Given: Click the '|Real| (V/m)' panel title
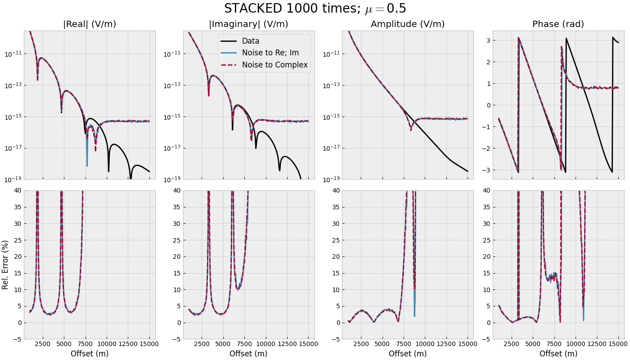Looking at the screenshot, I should pyautogui.click(x=90, y=24).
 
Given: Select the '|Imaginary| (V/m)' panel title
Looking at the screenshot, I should pyautogui.click(x=248, y=24).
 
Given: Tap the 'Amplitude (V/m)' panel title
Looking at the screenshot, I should pyautogui.click(x=408, y=24).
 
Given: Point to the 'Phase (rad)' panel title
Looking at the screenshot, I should pyautogui.click(x=558, y=24).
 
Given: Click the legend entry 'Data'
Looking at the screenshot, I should pyautogui.click(x=250, y=41).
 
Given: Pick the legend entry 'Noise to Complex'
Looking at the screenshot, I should pyautogui.click(x=274, y=65).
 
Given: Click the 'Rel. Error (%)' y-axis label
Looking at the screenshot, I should pyautogui.click(x=5, y=265).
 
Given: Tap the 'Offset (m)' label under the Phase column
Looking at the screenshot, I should pyautogui.click(x=558, y=354).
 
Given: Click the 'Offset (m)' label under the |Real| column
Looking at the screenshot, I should pyautogui.click(x=90, y=354).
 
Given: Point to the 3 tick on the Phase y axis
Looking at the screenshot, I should pyautogui.click(x=486, y=40).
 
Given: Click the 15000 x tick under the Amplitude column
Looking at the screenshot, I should pyautogui.click(x=468, y=344).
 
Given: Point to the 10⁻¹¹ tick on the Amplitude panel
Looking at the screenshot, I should pyautogui.click(x=331, y=54).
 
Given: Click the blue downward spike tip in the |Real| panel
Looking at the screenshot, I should pyautogui.click(x=87, y=166).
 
